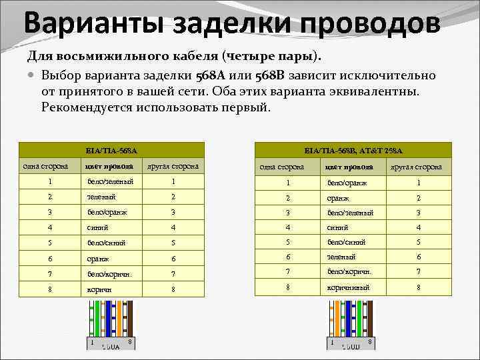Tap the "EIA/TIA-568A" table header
pos(112,150)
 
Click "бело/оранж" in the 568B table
pos(347,183)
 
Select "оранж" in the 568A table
pos(98,258)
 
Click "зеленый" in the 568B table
pos(341,257)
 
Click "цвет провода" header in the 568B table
pos(348,167)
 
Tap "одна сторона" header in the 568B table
pos(282,167)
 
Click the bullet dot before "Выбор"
pos(32,75)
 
